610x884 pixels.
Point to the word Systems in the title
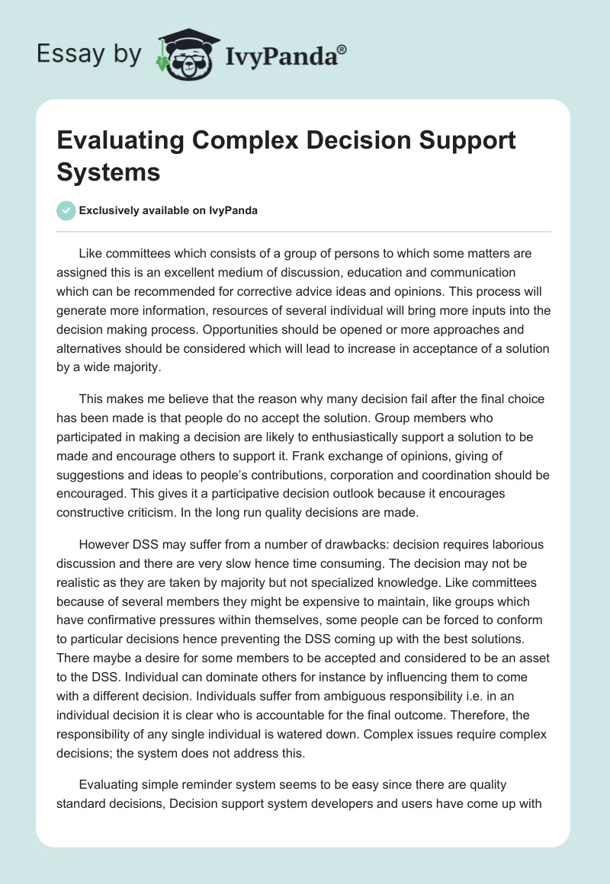[109, 171]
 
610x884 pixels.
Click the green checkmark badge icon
[66, 210]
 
